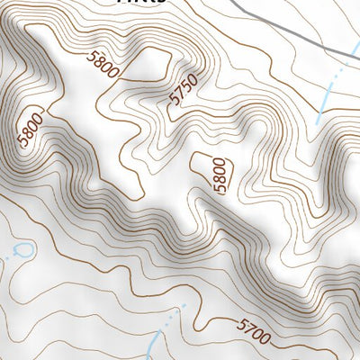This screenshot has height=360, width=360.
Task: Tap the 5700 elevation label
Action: click(255, 332)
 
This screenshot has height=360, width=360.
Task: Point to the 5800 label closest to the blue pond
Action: click(30, 131)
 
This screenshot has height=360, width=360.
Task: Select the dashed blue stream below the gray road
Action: click(331, 90)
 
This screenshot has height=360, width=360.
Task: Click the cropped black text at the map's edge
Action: click(144, 3)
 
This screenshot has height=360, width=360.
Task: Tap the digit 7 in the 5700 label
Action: click(250, 329)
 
